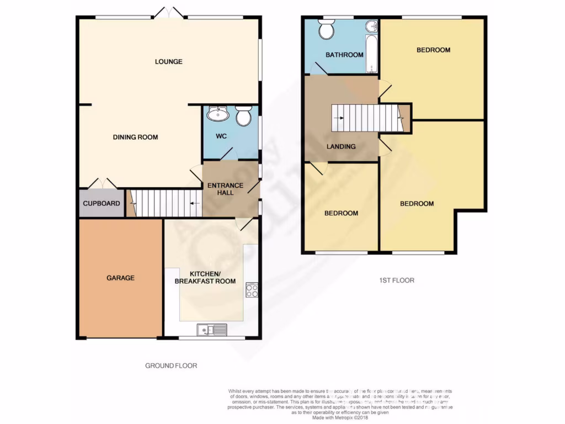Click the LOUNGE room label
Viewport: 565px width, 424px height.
click(168, 61)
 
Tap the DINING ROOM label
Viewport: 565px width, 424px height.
click(135, 137)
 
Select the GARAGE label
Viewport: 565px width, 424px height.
click(120, 278)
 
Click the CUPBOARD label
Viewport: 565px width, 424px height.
click(102, 203)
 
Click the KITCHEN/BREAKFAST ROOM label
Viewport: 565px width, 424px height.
click(205, 277)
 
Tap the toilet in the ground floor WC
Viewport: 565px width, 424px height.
click(243, 115)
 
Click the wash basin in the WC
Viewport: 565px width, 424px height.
click(218, 114)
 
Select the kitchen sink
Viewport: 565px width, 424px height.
click(213, 330)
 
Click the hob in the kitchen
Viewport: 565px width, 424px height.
click(252, 290)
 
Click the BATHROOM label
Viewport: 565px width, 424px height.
click(344, 55)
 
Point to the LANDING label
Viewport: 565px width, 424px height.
click(341, 146)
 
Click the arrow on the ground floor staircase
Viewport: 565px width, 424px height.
click(194, 203)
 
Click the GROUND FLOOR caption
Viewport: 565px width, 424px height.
click(171, 365)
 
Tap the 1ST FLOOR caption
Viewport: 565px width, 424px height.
click(394, 280)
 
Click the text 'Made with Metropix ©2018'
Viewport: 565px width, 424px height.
click(341, 418)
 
